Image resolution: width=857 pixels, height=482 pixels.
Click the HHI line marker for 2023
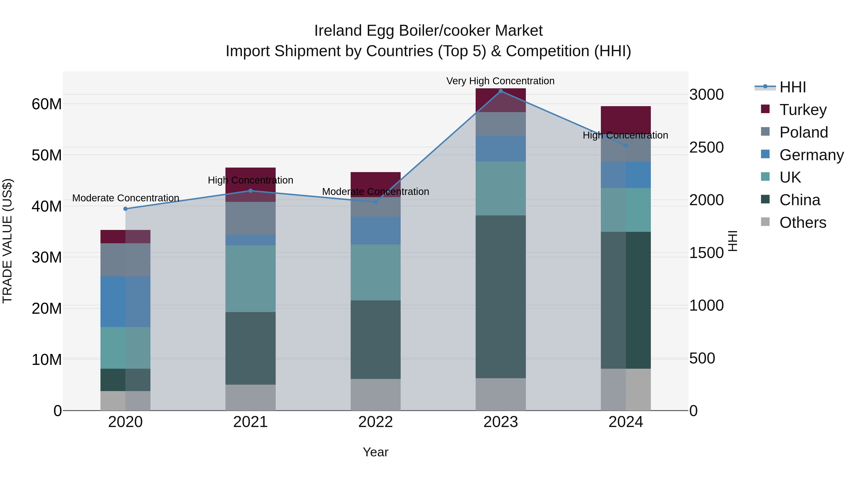(500, 91)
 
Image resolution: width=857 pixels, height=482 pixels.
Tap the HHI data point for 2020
(125, 209)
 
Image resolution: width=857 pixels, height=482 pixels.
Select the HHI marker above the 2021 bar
(250, 191)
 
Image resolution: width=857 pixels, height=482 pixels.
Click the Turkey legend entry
(803, 109)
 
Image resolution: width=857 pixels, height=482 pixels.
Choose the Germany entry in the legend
(811, 155)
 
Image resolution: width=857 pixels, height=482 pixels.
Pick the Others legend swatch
(765, 222)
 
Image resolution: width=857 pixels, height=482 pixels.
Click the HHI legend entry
(792, 87)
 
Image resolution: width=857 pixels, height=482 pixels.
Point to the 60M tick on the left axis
(47, 104)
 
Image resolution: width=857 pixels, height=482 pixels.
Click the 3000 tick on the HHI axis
(706, 95)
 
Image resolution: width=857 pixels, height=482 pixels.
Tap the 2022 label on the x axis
(376, 422)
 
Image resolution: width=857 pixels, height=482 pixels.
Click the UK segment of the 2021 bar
(250, 278)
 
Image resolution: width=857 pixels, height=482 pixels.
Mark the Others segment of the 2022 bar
(376, 394)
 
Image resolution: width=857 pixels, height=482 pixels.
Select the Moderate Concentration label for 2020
(125, 198)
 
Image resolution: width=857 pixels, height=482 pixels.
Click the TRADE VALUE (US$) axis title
(7, 241)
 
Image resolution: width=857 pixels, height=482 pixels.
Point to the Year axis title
(376, 452)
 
